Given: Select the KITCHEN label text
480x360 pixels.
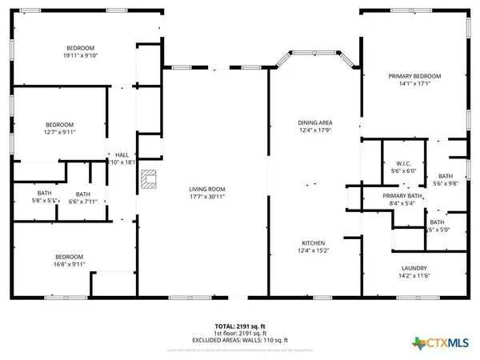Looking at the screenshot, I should pyautogui.click(x=313, y=243).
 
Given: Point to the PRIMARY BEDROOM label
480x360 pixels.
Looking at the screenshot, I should pyautogui.click(x=415, y=76).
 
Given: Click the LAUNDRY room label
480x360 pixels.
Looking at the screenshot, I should pyautogui.click(x=414, y=268).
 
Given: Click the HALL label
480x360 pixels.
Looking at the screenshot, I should pyautogui.click(x=122, y=154).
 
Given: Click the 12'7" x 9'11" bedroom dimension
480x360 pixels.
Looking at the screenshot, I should pyautogui.click(x=59, y=133).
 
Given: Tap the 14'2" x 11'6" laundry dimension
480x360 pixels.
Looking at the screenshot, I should pyautogui.click(x=414, y=276).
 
